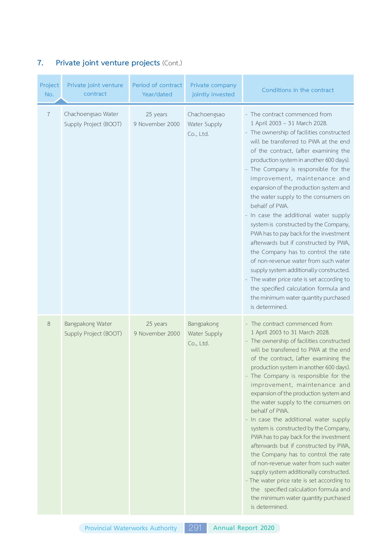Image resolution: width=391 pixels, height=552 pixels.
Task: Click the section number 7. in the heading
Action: (40, 63)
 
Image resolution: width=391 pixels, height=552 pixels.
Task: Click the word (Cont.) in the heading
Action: (172, 63)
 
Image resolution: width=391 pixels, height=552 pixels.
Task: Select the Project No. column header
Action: (49, 89)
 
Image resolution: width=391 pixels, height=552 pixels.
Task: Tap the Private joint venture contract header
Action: (95, 89)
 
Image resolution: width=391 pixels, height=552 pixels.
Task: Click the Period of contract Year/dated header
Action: (157, 89)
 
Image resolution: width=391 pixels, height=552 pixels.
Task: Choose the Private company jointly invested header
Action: (213, 89)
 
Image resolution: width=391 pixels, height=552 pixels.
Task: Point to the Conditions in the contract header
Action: (298, 90)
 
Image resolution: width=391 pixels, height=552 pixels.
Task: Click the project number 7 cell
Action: (49, 114)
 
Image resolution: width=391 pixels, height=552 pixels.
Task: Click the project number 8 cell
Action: (49, 324)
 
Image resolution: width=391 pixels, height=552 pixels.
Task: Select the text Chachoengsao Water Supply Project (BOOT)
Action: (92, 119)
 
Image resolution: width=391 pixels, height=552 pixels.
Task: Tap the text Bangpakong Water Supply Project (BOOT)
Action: (93, 328)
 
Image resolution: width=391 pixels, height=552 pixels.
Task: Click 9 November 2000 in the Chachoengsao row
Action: (156, 124)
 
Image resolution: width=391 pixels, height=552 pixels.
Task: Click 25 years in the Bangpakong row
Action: (157, 324)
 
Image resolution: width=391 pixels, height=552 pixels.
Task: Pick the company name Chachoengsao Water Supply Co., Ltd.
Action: (206, 124)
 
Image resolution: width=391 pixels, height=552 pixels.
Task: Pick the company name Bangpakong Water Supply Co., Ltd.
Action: (205, 333)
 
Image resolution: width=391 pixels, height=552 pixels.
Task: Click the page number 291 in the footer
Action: (195, 528)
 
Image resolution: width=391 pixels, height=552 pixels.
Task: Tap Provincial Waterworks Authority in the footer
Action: (131, 528)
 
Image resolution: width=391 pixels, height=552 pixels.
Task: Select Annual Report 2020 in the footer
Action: (244, 528)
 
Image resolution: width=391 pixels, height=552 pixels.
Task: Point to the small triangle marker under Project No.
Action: (61, 101)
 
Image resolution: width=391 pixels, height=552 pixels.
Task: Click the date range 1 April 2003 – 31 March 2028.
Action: (289, 123)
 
